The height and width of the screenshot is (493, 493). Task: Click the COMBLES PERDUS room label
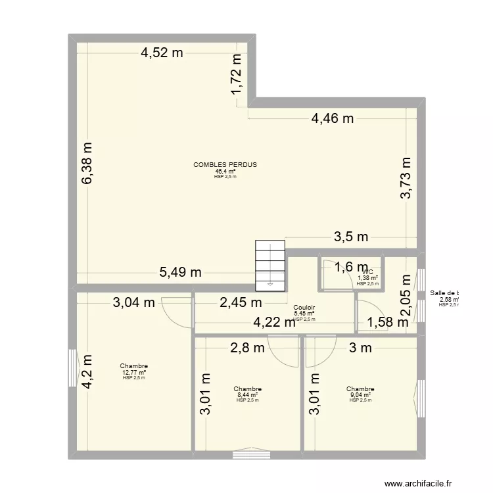pyautogui.click(x=225, y=164)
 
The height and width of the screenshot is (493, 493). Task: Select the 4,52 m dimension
pyautogui.click(x=162, y=54)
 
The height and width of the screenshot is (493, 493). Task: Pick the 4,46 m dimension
pyautogui.click(x=333, y=119)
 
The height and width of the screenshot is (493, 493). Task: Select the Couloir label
pyautogui.click(x=304, y=307)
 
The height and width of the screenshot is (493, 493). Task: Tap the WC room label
pyautogui.click(x=367, y=272)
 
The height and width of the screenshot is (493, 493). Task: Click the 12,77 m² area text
pyautogui.click(x=133, y=373)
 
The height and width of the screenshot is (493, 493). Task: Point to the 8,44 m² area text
pyautogui.click(x=247, y=395)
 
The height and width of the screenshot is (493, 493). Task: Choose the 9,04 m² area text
pyautogui.click(x=360, y=395)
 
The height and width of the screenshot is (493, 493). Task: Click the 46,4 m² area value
pyautogui.click(x=225, y=171)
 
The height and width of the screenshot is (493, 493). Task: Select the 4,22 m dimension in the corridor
pyautogui.click(x=275, y=322)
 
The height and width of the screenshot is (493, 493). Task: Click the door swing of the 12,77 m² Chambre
pyautogui.click(x=176, y=311)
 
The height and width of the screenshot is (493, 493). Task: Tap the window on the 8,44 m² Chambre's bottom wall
pyautogui.click(x=247, y=452)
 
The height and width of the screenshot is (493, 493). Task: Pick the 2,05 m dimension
pyautogui.click(x=406, y=296)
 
